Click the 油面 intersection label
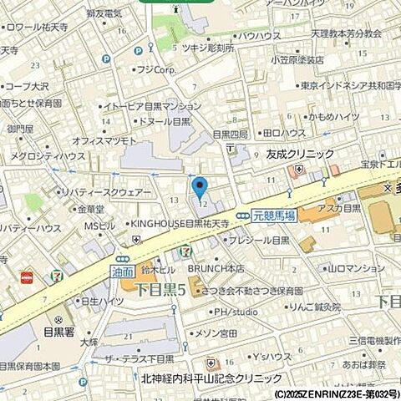tap(123, 271)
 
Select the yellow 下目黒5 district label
tap(160, 290)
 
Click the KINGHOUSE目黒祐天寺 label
tap(179, 224)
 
